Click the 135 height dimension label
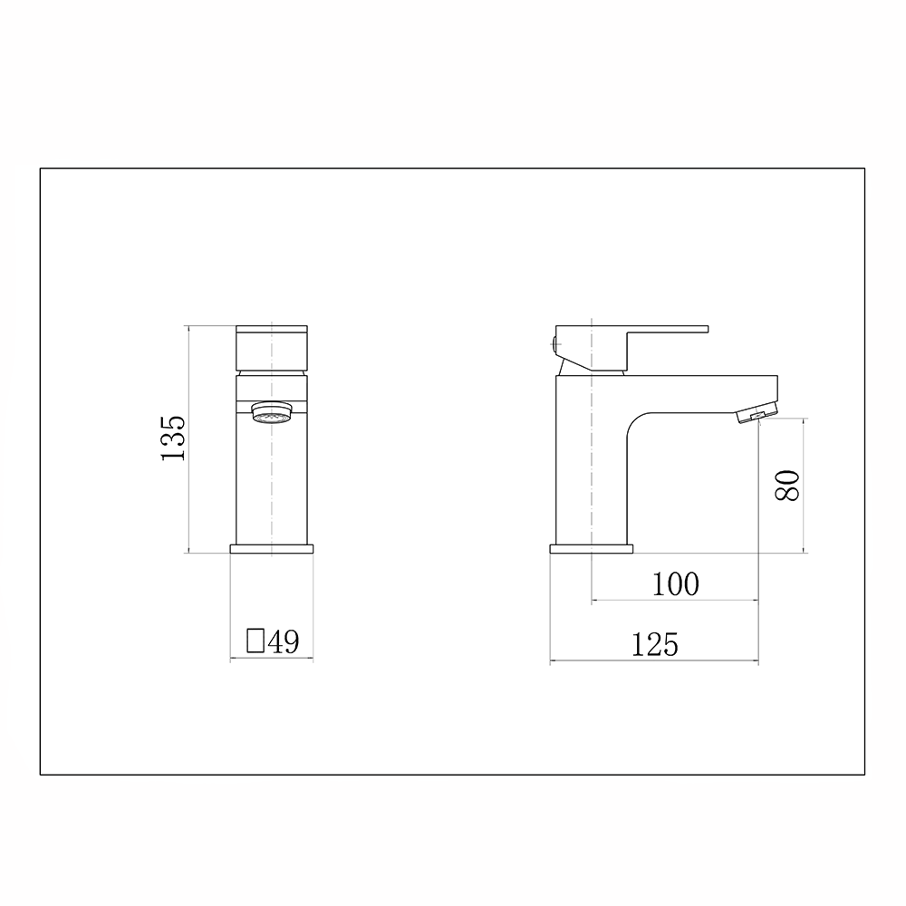coord(173,438)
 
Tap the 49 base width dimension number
coord(284,641)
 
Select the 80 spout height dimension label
coord(787,486)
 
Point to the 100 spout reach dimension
coord(676,583)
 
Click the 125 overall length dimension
coord(655,645)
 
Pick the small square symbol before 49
coord(255,641)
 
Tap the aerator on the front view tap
coord(272,414)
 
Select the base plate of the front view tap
coord(272,549)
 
